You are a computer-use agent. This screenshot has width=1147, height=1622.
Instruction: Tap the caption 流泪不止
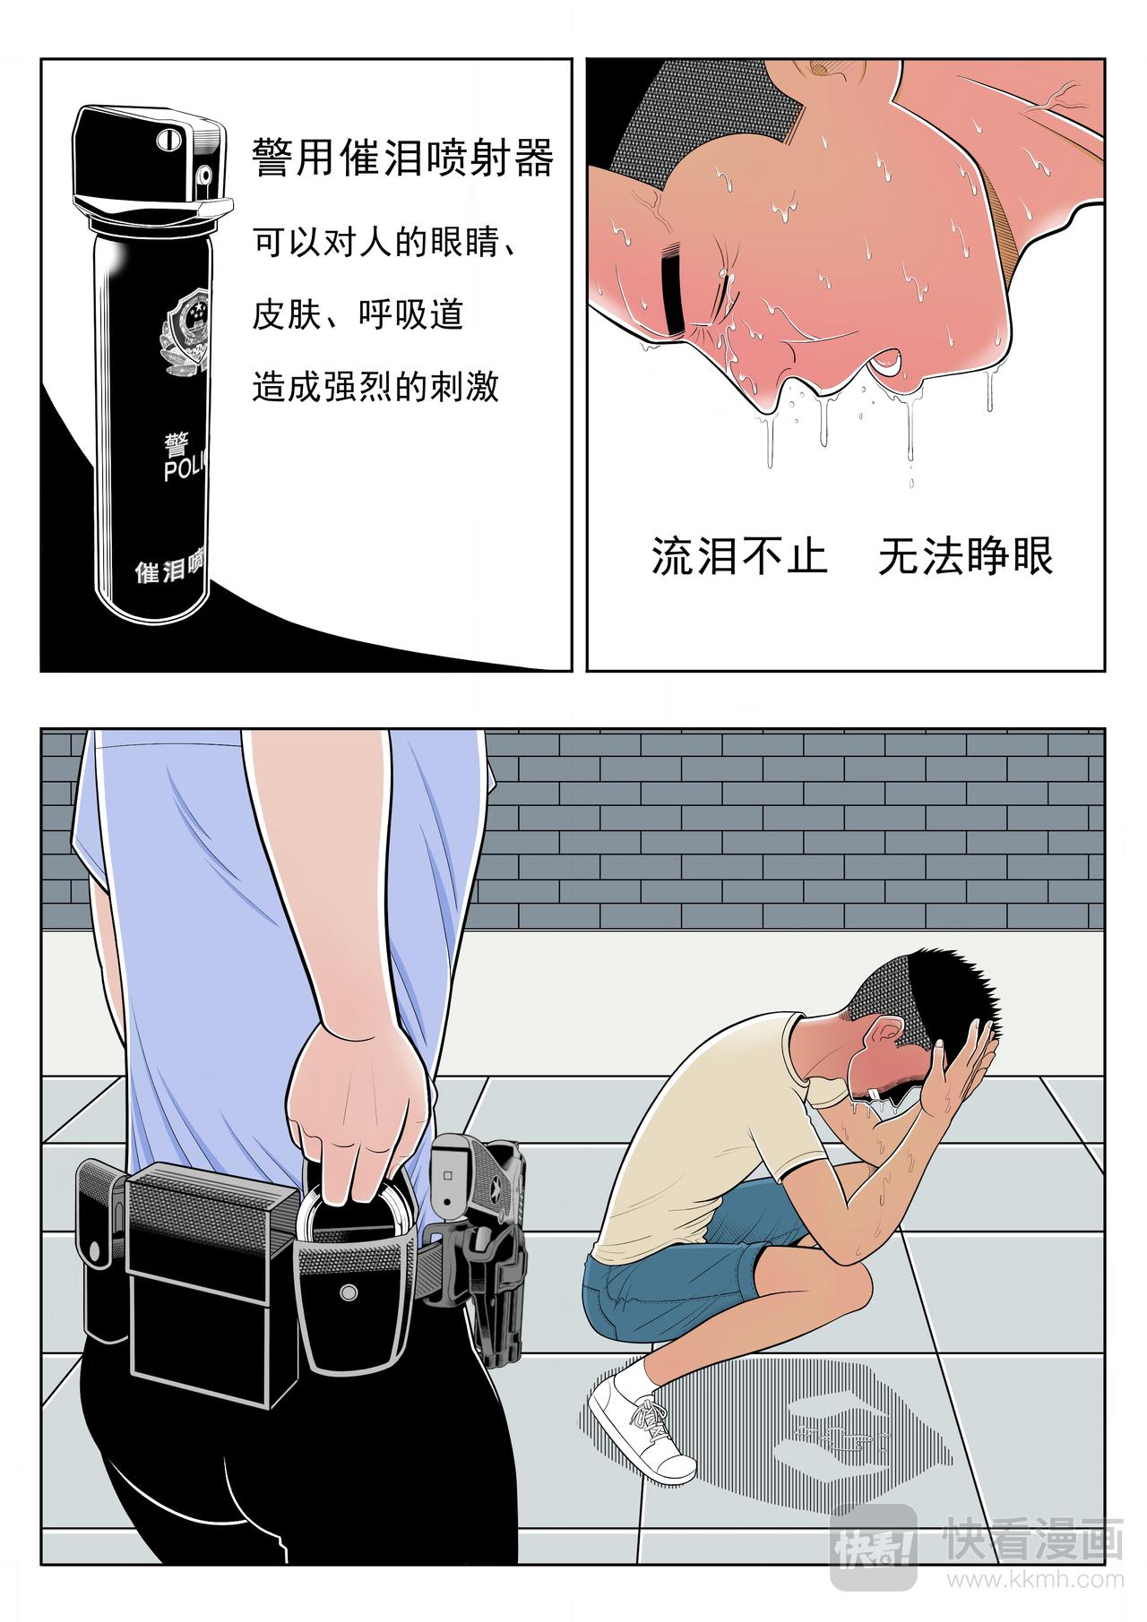coord(738,556)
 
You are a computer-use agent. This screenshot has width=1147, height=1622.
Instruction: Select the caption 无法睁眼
coord(965,556)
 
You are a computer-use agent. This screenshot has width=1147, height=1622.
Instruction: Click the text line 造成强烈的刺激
coord(375,387)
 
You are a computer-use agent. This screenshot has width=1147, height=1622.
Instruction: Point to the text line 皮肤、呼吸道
coord(358,314)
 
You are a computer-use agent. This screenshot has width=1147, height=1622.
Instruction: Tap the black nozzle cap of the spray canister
coord(149,162)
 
